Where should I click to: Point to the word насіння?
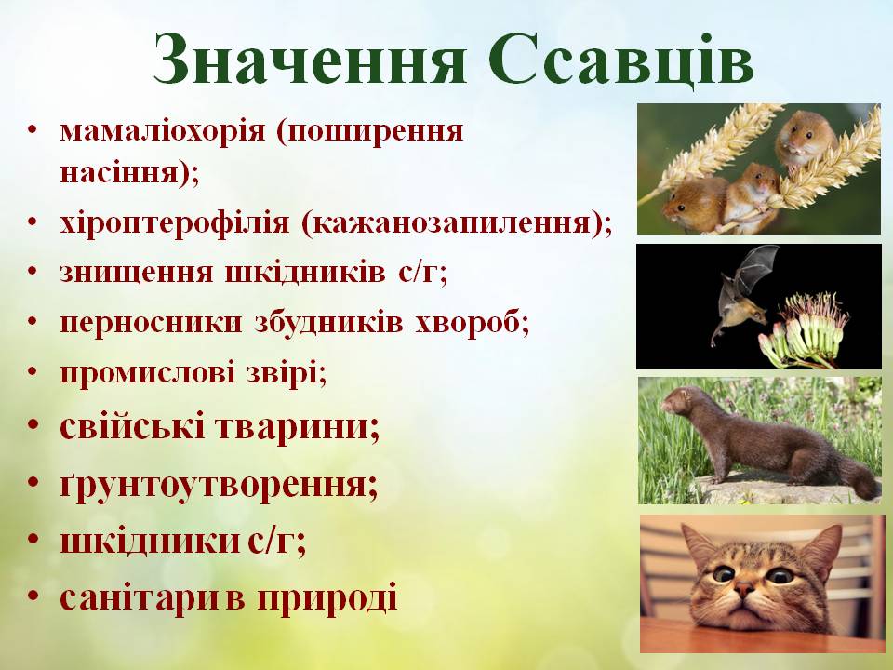[123, 172]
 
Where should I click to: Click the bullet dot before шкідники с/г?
[34, 541]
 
